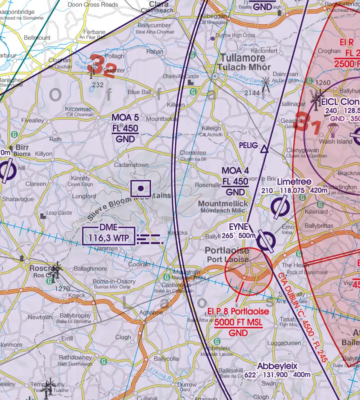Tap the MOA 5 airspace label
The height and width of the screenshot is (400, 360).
pos(125,118)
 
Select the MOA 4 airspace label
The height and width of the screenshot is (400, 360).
pos(235,171)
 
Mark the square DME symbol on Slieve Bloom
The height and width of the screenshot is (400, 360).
pos(141,188)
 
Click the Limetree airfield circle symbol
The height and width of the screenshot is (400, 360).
pos(280,207)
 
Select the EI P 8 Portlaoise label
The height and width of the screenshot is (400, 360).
pos(238,312)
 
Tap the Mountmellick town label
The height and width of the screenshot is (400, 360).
pos(223,204)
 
